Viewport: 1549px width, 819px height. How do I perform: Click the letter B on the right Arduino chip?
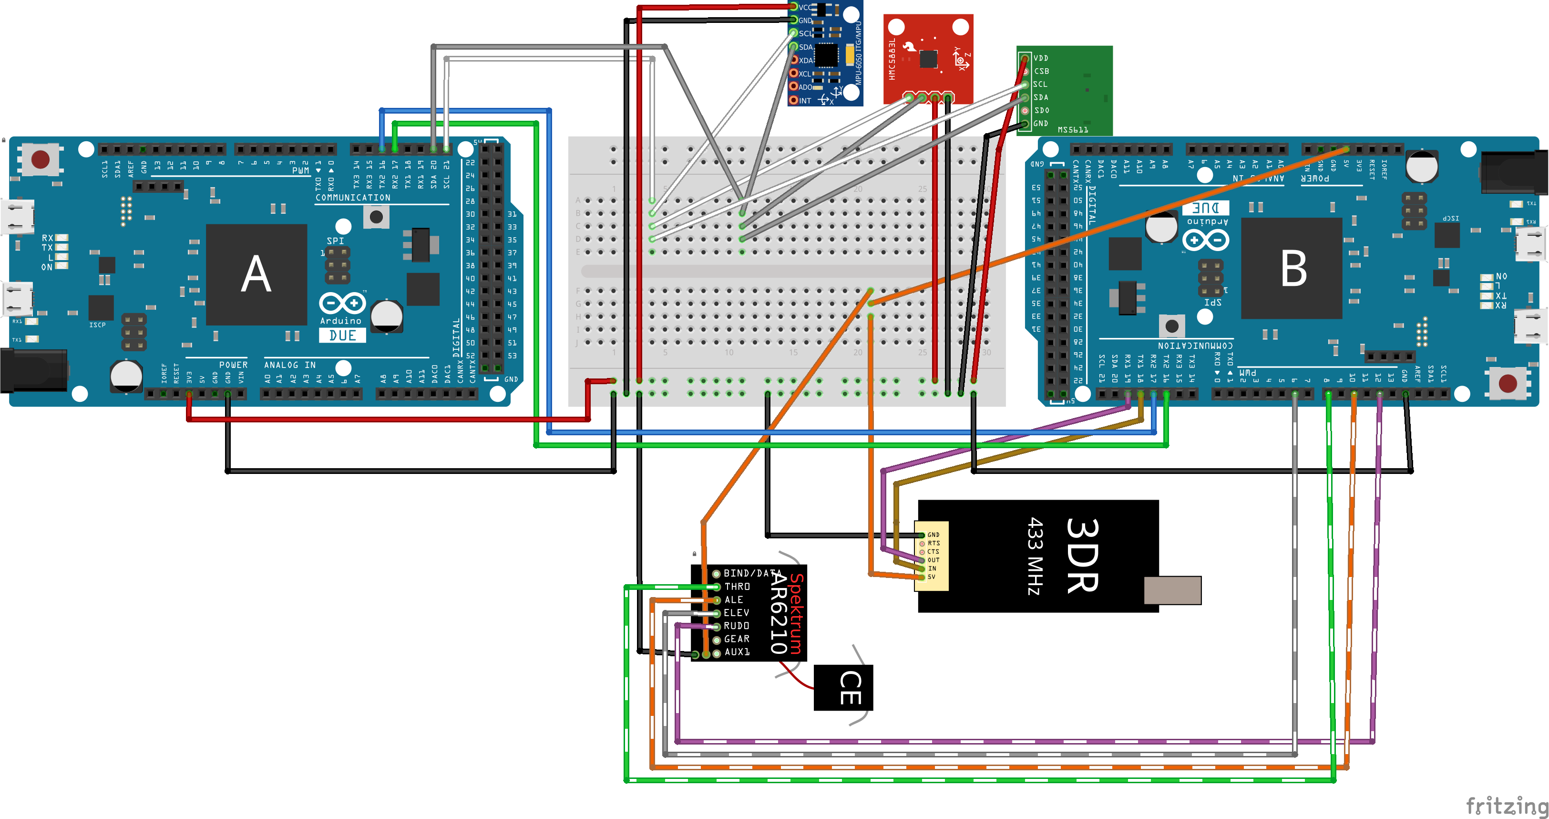[1293, 269]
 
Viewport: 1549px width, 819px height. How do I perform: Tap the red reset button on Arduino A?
[41, 159]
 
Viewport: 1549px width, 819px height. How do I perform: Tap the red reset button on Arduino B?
[1507, 383]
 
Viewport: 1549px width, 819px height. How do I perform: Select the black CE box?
[843, 688]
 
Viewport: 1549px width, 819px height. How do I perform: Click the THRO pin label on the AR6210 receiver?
[737, 587]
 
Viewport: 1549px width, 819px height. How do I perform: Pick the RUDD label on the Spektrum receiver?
[736, 626]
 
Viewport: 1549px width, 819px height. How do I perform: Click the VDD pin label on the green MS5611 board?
[1040, 58]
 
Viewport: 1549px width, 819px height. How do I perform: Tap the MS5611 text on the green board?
[1073, 130]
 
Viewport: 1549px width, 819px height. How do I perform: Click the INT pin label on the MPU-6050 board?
[805, 101]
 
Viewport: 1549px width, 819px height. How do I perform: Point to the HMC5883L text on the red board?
[892, 59]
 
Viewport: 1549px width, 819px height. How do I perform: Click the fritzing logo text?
[1506, 805]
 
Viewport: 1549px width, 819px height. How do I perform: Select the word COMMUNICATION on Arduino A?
[353, 198]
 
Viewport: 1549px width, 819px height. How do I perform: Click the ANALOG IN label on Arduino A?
[290, 365]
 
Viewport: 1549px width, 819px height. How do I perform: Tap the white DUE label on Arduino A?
[342, 335]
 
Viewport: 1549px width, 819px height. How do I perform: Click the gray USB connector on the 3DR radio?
[1172, 590]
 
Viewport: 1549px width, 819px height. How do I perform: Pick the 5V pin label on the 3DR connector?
[932, 577]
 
